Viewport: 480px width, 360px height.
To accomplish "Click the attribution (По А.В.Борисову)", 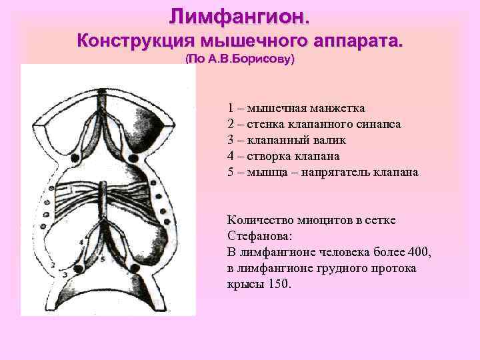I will pyautogui.click(x=239, y=59).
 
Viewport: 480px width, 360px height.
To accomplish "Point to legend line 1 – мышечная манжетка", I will pyautogui.click(x=296, y=108).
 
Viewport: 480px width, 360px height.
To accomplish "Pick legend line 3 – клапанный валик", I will pyautogui.click(x=286, y=140).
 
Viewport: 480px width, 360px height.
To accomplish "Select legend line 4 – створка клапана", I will pyautogui.click(x=283, y=156).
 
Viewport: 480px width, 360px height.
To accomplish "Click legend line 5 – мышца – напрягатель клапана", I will pyautogui.click(x=323, y=172).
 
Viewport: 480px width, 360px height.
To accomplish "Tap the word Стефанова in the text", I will pyautogui.click(x=254, y=235).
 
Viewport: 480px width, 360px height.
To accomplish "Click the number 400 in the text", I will pyautogui.click(x=420, y=251).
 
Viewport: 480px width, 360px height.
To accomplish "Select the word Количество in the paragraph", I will pyautogui.click(x=255, y=219).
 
